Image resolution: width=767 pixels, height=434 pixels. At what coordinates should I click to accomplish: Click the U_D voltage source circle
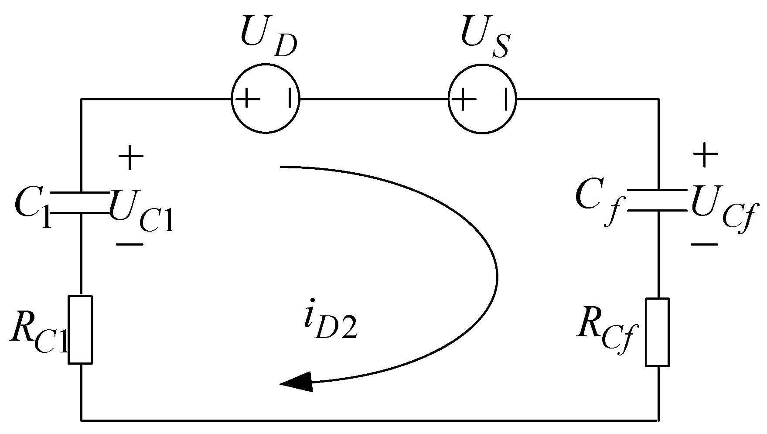click(x=266, y=99)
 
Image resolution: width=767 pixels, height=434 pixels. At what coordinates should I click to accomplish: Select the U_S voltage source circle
click(x=482, y=99)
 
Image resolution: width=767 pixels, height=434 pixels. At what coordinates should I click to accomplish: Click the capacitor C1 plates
click(x=81, y=203)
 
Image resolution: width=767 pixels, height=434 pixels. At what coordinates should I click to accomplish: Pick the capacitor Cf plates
click(x=658, y=200)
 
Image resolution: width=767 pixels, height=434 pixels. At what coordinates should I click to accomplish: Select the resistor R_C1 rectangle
click(x=81, y=329)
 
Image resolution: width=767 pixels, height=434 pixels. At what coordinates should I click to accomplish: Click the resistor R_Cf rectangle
click(x=658, y=332)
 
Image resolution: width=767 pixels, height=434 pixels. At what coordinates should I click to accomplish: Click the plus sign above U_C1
click(x=130, y=157)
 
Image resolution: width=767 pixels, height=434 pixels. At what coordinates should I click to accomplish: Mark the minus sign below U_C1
click(x=130, y=244)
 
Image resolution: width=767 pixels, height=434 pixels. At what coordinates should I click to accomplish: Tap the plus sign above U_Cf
click(x=705, y=155)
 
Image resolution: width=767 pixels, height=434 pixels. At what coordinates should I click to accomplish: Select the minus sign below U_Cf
click(x=704, y=244)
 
